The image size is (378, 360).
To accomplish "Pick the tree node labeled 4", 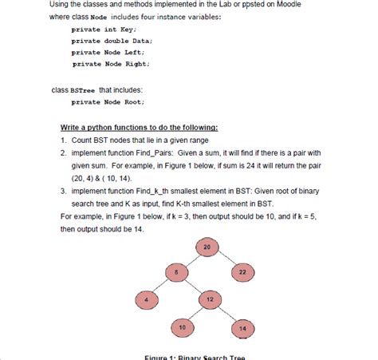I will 147,300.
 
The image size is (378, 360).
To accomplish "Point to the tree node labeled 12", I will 209,300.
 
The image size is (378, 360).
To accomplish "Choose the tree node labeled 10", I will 183,327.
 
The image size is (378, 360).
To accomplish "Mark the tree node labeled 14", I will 242,327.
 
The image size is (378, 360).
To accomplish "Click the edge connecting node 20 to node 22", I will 226,260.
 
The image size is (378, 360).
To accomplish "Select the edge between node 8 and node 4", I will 161,287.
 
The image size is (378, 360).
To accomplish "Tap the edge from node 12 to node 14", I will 226,314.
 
